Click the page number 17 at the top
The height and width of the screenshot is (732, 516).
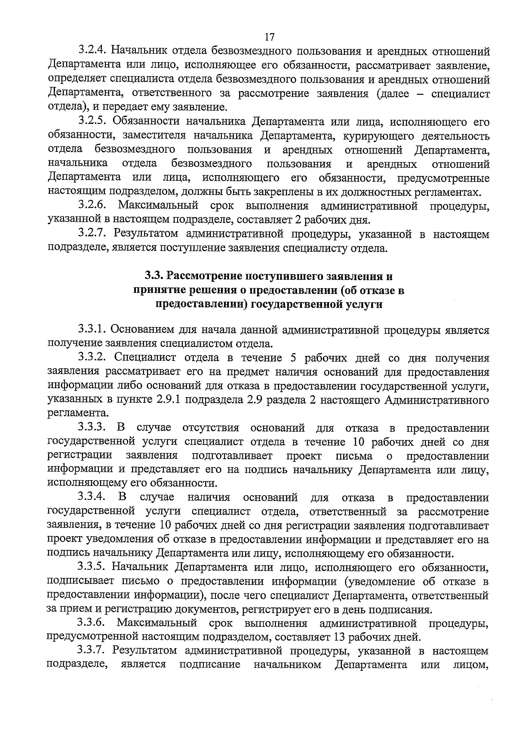point(270,37)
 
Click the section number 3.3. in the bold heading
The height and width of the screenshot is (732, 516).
point(153,276)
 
